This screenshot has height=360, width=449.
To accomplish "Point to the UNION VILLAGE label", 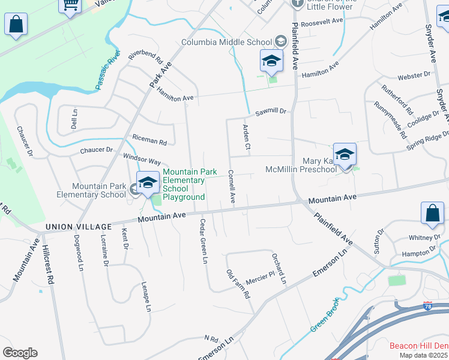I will pos(79,227).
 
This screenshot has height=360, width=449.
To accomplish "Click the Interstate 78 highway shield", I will pos(427,306).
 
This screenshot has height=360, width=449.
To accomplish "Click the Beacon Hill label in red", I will pos(418,346).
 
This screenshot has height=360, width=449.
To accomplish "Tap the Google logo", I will pos(20,352).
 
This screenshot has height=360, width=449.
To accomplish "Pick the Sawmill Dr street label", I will pos(271,112).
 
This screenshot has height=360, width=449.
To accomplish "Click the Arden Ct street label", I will pos(246,137).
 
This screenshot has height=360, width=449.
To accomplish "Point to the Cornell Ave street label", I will pos(232,185).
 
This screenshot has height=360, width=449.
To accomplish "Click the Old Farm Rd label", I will pos(238,285).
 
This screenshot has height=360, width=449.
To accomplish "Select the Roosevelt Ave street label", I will pos(322,20).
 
